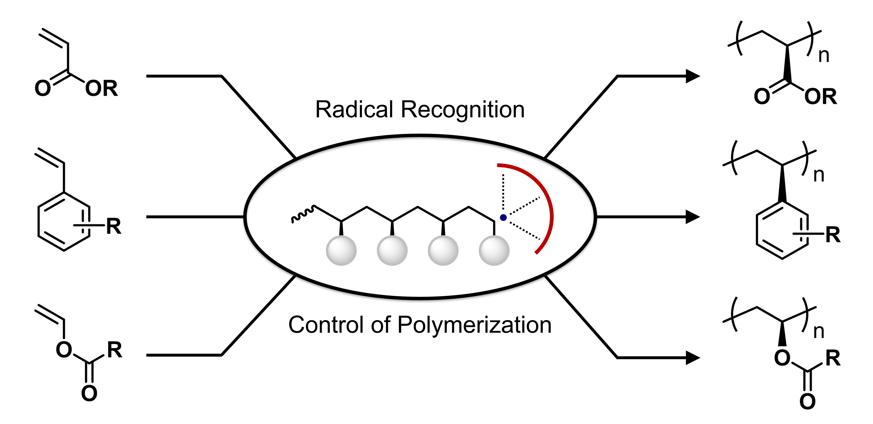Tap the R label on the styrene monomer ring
tap(114, 226)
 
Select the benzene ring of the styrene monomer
tap(64, 222)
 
